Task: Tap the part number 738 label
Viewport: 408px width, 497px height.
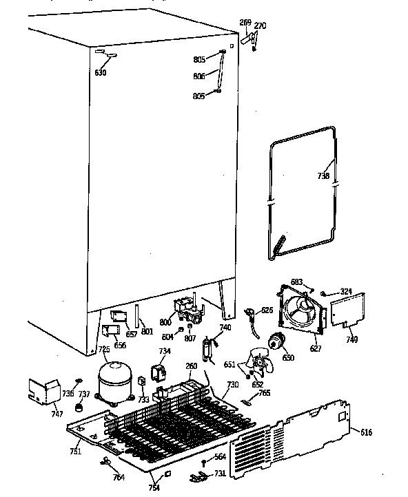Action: tap(323, 176)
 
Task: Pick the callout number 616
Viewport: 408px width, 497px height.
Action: tap(365, 432)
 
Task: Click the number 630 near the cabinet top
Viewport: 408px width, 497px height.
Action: tap(101, 72)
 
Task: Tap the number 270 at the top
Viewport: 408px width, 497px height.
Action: tap(259, 26)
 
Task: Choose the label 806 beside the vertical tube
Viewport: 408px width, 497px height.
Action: tap(198, 76)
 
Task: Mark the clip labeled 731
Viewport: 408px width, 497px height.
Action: tap(201, 475)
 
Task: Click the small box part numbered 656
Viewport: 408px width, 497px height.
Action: tap(109, 330)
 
